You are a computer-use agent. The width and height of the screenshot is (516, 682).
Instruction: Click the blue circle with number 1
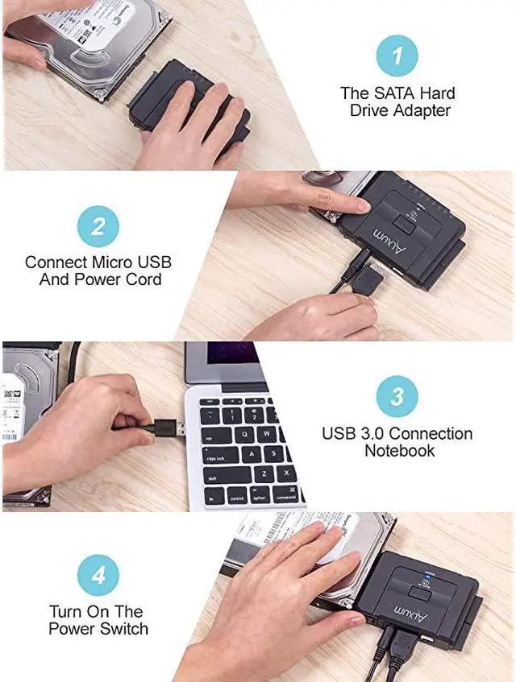click(397, 56)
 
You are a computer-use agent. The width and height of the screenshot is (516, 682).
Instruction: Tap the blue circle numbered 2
click(98, 225)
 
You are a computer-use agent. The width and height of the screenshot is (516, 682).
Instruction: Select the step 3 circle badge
click(397, 396)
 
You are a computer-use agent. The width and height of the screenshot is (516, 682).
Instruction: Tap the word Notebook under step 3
click(397, 451)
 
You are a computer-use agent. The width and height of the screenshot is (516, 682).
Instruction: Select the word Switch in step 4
click(123, 629)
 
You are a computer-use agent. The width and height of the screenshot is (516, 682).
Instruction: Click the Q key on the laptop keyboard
click(233, 435)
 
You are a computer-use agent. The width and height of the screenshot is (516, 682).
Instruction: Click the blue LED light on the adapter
click(427, 574)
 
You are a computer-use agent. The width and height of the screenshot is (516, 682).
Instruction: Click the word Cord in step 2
click(144, 279)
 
